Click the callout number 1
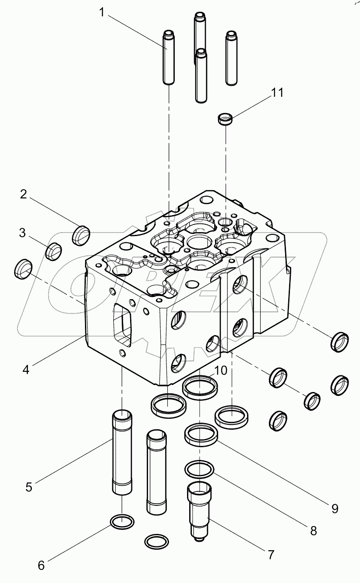tap(102, 13)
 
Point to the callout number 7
tap(271, 555)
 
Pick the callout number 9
tap(335, 508)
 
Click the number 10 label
tap(221, 371)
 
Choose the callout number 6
tap(41, 565)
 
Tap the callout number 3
tap(22, 233)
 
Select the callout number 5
tap(29, 487)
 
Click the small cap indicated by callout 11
tap(226, 119)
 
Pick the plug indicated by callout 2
tap(80, 235)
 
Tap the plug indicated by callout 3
tap(54, 251)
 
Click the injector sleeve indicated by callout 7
tap(199, 510)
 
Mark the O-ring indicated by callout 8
tap(200, 469)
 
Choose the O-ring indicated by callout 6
tap(121, 522)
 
